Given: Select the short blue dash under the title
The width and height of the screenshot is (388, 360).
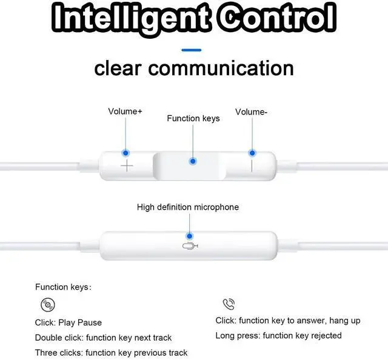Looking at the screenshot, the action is pyautogui.click(x=192, y=50).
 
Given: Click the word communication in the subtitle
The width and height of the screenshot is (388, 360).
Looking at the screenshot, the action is pyautogui.click(x=221, y=68).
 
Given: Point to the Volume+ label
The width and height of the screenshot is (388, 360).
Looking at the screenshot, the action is pyautogui.click(x=125, y=112).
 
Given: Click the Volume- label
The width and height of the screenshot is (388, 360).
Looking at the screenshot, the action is pyautogui.click(x=251, y=112).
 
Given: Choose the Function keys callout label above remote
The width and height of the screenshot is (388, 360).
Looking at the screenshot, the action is pyautogui.click(x=193, y=118).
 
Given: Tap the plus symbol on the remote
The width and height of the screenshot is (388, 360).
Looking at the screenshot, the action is pyautogui.click(x=127, y=165).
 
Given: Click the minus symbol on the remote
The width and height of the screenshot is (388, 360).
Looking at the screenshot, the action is pyautogui.click(x=251, y=165).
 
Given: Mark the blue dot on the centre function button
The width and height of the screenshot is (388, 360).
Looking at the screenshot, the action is pyautogui.click(x=193, y=161).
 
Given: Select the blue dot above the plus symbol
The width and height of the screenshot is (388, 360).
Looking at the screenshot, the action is pyautogui.click(x=125, y=153).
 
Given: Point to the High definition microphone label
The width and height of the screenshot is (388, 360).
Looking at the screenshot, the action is pyautogui.click(x=188, y=207).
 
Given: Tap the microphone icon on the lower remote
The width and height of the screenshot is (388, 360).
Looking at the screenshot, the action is pyautogui.click(x=189, y=247).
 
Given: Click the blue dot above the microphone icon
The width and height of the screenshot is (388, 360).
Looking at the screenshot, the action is pyautogui.click(x=190, y=235).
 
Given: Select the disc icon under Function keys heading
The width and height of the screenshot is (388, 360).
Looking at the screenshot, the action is pyautogui.click(x=47, y=305).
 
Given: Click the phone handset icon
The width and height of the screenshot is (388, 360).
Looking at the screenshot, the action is pyautogui.click(x=229, y=304).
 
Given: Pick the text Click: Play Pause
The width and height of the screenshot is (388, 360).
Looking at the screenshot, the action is pyautogui.click(x=69, y=322).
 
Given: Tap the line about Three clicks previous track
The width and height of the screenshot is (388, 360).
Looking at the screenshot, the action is pyautogui.click(x=112, y=353).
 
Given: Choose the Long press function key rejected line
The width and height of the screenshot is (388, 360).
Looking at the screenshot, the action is pyautogui.click(x=278, y=335).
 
